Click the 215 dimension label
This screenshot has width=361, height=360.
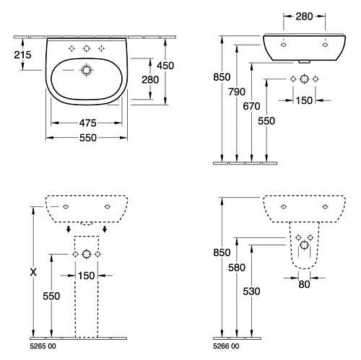coord(22,55)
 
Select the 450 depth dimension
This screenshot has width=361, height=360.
coord(165,66)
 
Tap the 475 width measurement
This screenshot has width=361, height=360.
coord(87,123)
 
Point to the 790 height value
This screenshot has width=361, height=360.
coord(237,92)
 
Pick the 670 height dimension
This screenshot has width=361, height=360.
coord(251,106)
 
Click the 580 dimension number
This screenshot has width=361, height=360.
coord(237,268)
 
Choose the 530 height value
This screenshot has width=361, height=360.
coord(251,291)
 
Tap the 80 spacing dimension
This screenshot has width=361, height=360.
coord(304,284)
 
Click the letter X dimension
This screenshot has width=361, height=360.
coord(33,273)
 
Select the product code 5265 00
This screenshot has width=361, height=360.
coord(43,346)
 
